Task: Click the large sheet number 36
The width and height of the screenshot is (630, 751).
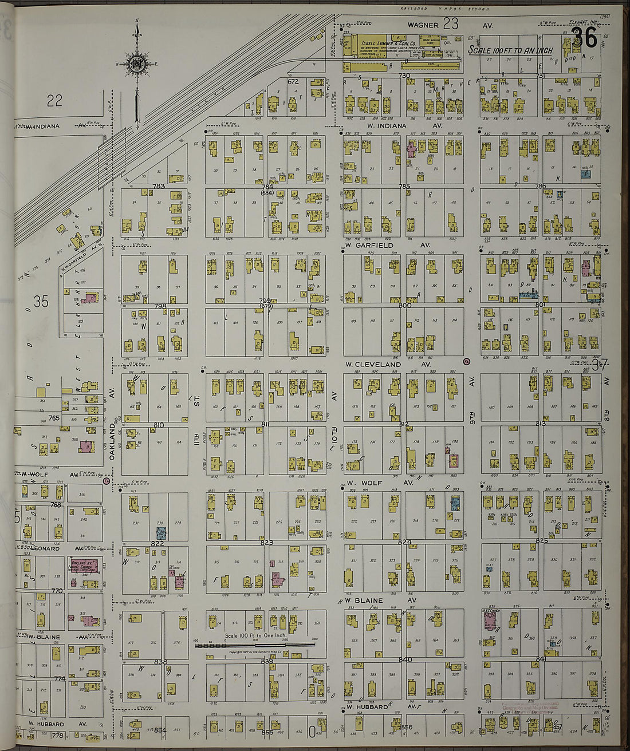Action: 584,38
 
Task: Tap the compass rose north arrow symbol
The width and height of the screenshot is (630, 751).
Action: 137,64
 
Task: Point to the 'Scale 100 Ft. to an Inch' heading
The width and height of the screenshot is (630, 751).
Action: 510,50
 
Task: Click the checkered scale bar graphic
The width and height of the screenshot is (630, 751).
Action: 255,645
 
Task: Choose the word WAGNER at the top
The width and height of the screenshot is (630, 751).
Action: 423,25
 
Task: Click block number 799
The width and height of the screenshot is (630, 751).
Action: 265,300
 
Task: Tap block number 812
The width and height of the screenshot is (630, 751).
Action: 404,424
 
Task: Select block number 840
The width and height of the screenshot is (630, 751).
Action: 405,660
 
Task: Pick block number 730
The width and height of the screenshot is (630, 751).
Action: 405,76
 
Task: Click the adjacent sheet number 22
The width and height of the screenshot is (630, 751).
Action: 54,101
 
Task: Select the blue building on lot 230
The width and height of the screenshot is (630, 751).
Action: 162,533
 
